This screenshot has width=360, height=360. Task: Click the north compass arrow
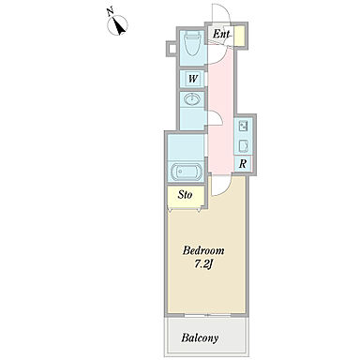click(119, 26)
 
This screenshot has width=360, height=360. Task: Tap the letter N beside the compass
click(110, 12)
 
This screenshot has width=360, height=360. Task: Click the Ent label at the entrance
click(221, 34)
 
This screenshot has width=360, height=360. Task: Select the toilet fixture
click(192, 44)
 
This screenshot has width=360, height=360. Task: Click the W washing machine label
click(193, 79)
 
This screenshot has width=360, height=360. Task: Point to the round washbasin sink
click(192, 99)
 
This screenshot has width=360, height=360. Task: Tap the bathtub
click(187, 171)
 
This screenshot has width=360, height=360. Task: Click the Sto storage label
click(185, 195)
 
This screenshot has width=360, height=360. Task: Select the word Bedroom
click(203, 250)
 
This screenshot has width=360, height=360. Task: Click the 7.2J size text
click(203, 264)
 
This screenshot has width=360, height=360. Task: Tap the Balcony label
click(200, 337)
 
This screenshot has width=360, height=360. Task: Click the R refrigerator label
click(243, 164)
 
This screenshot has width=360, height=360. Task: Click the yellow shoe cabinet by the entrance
click(240, 36)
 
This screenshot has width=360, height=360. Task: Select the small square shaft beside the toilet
click(172, 49)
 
